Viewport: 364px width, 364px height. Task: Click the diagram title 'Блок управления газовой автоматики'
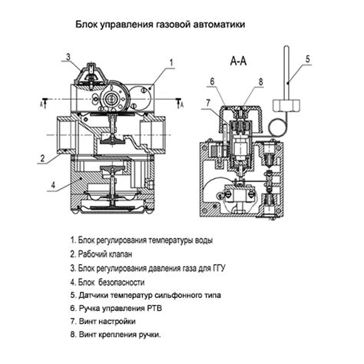[160, 25]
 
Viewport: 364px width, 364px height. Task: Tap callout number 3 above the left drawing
[68, 57]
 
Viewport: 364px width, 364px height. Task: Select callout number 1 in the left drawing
[171, 63]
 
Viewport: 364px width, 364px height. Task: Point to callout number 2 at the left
[42, 158]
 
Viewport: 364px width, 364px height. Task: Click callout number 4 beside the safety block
[53, 184]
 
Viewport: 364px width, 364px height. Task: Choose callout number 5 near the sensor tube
[308, 59]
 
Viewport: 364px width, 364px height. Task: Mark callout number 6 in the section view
[212, 81]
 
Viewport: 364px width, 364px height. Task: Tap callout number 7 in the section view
[208, 103]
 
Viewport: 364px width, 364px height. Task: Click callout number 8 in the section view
[260, 82]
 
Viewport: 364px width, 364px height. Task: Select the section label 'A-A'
[238, 61]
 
